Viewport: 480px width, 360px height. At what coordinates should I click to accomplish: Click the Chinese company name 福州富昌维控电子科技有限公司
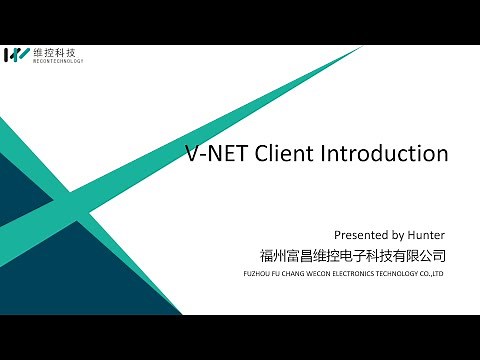[x=351, y=255]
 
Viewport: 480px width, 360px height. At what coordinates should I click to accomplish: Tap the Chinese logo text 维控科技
[x=55, y=51]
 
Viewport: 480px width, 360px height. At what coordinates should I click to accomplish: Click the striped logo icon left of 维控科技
[x=18, y=54]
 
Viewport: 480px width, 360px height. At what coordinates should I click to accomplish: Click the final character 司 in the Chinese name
[x=438, y=255]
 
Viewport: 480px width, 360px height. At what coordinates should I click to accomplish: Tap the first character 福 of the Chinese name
[x=266, y=255]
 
